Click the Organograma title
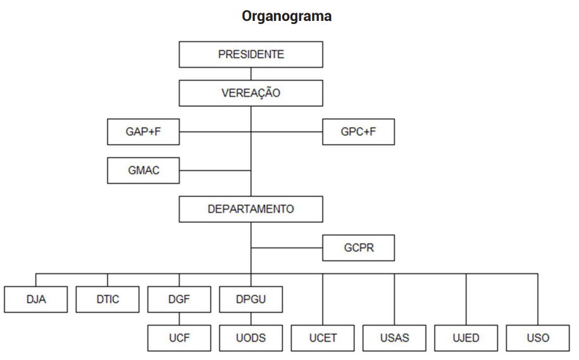coord(286,16)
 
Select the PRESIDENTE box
coord(251,54)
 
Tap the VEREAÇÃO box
coord(251,93)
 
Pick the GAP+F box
coord(143,132)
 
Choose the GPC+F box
coord(358,132)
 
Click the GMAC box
coord(143,170)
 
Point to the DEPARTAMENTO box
coord(251,209)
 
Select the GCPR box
coord(358,247)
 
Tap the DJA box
coord(35,299)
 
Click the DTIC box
coord(108,299)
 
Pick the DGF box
coord(179,299)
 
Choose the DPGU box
coord(251,299)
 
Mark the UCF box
coord(179,338)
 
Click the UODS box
coord(251,338)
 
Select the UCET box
coord(323,338)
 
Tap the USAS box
coord(394,338)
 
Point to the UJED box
coord(466,338)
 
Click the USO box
coord(538,338)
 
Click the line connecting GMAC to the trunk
coord(215,170)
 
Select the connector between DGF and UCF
coord(179,319)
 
